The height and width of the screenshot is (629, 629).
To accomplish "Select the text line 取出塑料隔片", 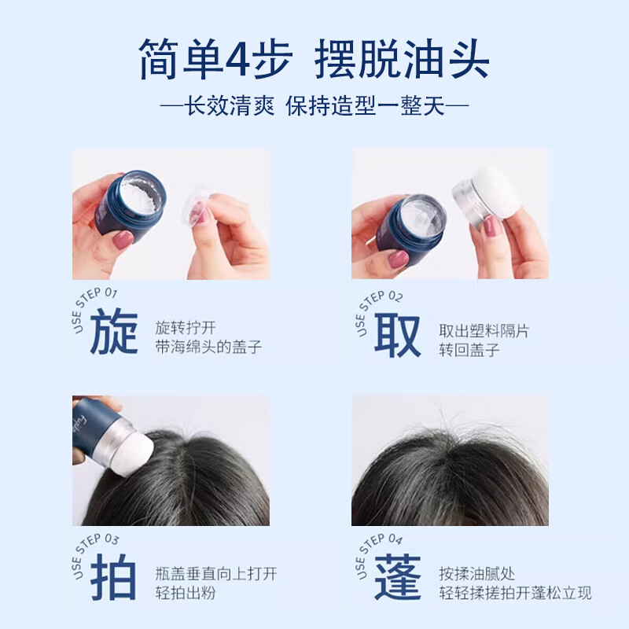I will (484, 330).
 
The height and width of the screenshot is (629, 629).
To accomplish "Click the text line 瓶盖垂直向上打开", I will (216, 574).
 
